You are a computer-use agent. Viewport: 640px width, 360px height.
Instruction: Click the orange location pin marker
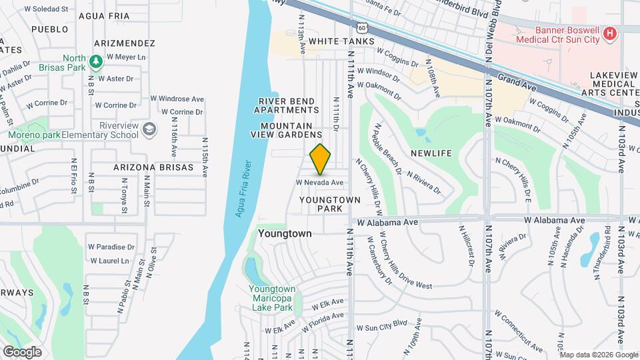point(321,159)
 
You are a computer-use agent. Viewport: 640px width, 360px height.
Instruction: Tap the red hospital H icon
point(608,33)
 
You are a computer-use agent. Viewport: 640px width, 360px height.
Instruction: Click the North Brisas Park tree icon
point(97,61)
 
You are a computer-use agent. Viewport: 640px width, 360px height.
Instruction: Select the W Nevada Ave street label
point(320,182)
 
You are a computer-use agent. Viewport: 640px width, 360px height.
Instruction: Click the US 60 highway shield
point(361,28)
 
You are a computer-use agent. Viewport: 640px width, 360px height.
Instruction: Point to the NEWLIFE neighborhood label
point(431,153)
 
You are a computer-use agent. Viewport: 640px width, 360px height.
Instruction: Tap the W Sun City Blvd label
point(381,328)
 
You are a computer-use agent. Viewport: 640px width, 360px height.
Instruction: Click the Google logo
point(22,351)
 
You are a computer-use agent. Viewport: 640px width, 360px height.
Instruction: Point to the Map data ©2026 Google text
point(599,354)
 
